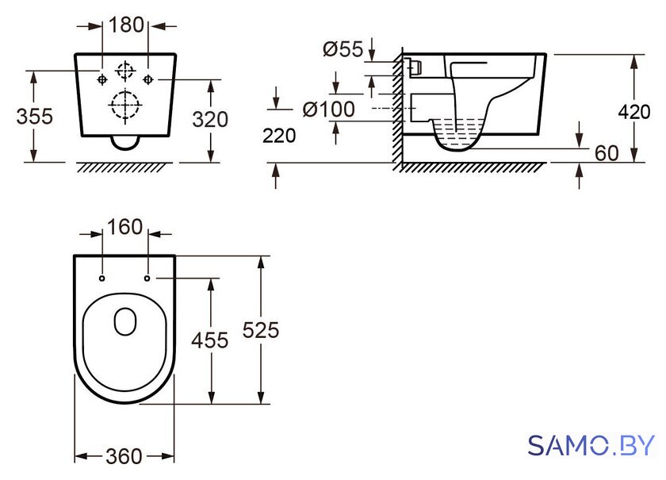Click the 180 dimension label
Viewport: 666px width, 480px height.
(127, 25)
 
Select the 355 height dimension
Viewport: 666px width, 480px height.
(35, 116)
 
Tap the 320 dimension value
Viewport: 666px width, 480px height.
(210, 120)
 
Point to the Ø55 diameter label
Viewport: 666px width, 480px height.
(343, 49)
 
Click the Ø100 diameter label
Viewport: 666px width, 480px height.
(329, 109)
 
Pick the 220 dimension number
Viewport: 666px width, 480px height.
(279, 136)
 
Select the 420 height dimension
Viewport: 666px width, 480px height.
(634, 112)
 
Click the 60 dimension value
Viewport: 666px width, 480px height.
(607, 153)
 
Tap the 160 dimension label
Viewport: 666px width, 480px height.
(124, 227)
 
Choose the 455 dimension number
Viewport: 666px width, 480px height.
(210, 340)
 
